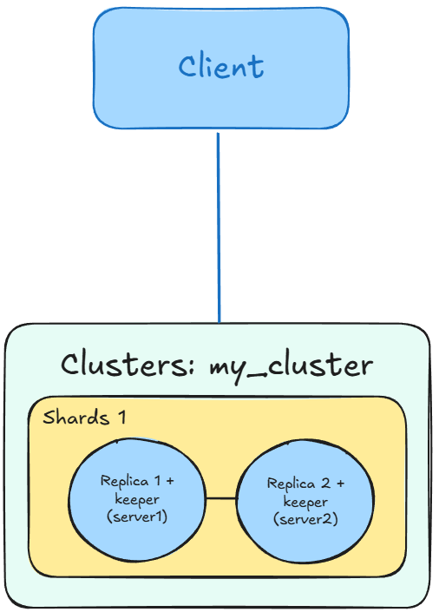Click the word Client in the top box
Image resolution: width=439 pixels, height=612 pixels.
pyautogui.click(x=221, y=67)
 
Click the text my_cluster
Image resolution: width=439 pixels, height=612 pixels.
pyautogui.click(x=292, y=365)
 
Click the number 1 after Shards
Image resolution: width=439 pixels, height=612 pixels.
pyautogui.click(x=122, y=418)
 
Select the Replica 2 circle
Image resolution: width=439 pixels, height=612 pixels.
pyautogui.click(x=305, y=500)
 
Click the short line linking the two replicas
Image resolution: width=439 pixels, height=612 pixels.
pyautogui.click(x=221, y=498)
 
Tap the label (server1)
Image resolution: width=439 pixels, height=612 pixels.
pyautogui.click(x=137, y=517)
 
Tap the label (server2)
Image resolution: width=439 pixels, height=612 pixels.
pyautogui.click(x=305, y=519)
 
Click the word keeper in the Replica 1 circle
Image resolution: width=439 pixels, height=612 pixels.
pyautogui.click(x=137, y=499)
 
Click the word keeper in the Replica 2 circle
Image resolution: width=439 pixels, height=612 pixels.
pyautogui.click(x=305, y=502)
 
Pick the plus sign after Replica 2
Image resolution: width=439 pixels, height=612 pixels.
pyautogui.click(x=339, y=484)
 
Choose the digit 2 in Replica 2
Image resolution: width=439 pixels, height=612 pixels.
pyautogui.click(x=324, y=484)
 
